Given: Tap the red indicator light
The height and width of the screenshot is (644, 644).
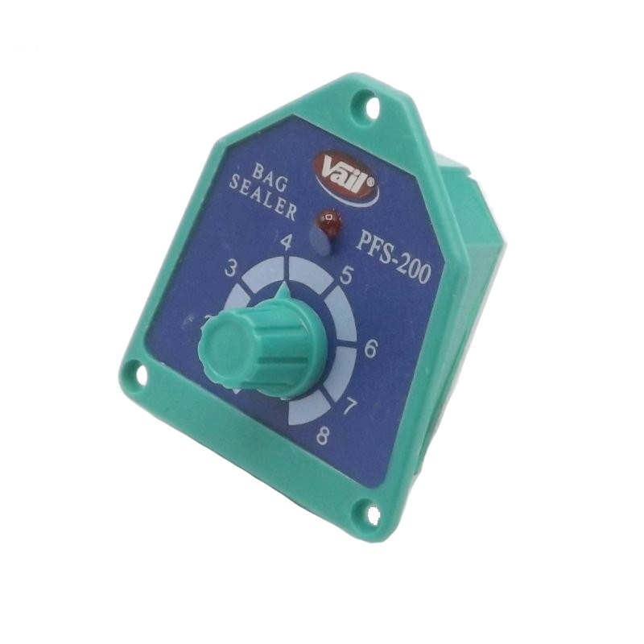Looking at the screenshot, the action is point(329,223).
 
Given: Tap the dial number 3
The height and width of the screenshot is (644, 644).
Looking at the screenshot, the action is point(232,270).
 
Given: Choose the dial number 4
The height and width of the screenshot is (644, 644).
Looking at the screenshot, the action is point(287,245).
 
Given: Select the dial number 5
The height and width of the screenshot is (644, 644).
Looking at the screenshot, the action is point(345,278).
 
